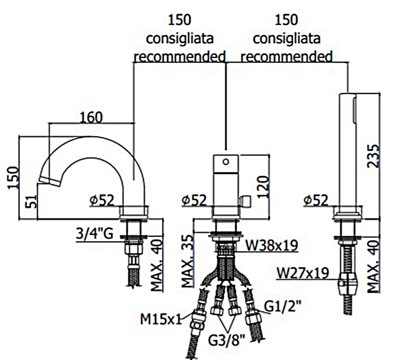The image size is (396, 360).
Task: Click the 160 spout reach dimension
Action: coord(91,117)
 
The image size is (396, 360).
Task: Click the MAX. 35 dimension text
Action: coord(187,261)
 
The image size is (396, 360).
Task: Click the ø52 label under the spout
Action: coord(102,200)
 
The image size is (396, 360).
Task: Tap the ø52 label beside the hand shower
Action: coord(316,200)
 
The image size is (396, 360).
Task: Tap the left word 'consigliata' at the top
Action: coord(180,38)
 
